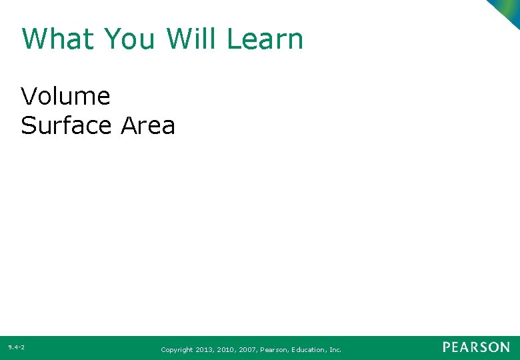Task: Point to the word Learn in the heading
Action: tap(265, 39)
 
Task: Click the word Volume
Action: tap(65, 97)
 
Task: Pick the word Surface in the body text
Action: tap(67, 125)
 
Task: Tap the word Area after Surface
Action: tap(148, 125)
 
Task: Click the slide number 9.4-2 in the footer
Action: tap(17, 347)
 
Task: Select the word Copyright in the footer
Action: tap(177, 349)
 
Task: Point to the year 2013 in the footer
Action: tap(205, 349)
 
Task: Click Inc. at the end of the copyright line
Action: tap(335, 349)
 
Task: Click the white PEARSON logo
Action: tap(476, 347)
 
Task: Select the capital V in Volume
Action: tap(29, 97)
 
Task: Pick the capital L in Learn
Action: tap(233, 39)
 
